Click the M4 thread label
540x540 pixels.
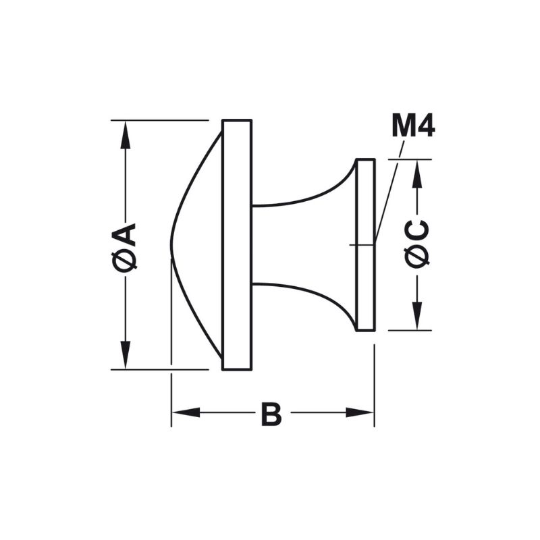413,126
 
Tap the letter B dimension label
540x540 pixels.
271,413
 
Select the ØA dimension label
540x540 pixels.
124,246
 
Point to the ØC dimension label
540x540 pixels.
417,244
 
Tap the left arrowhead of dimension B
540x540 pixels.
186,412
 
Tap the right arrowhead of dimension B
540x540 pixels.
360,412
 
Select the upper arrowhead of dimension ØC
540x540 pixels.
417,173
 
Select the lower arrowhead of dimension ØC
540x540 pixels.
417,316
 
